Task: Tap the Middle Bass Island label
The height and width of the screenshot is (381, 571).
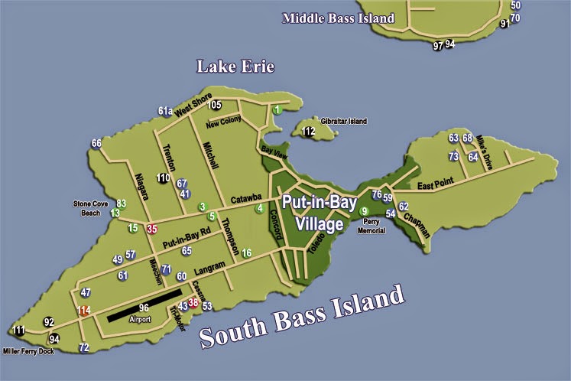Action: click(338, 18)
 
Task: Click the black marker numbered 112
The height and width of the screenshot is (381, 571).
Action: click(308, 132)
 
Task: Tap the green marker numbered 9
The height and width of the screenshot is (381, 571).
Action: click(364, 211)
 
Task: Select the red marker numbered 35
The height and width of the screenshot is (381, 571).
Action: click(152, 228)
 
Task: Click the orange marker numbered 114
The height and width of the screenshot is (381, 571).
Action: click(83, 310)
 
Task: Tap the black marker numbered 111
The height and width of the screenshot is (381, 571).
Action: click(18, 331)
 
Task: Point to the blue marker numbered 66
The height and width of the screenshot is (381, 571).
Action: click(96, 143)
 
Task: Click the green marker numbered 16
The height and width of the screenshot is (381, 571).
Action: click(246, 252)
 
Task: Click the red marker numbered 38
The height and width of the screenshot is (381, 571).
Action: click(193, 302)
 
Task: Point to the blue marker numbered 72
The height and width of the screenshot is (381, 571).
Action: click(84, 348)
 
